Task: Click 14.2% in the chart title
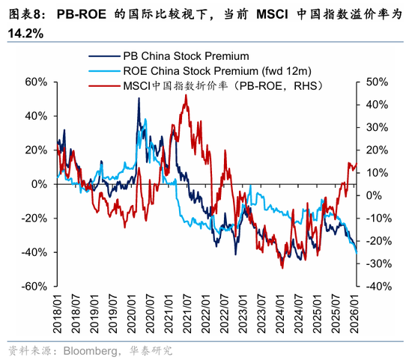24,34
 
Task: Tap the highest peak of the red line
184,96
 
